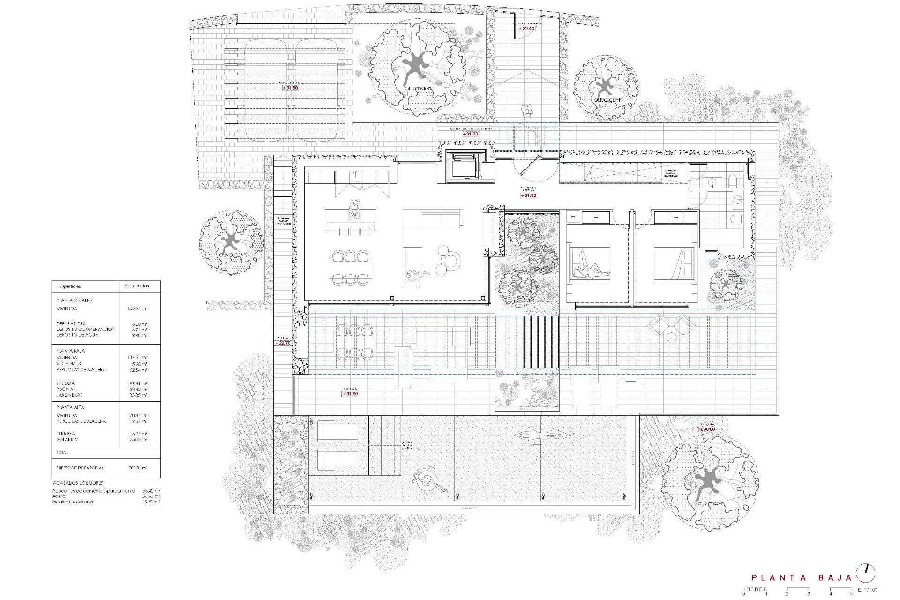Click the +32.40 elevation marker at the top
[x=527, y=29]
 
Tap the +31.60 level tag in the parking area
[x=290, y=88]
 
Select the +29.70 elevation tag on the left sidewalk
[x=283, y=343]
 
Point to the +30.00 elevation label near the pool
[x=708, y=429]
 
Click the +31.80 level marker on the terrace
[x=350, y=394]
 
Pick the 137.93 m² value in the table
[x=137, y=358]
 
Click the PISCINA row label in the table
[x=65, y=389]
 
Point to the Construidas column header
[x=136, y=286]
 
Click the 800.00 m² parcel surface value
[x=138, y=468]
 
